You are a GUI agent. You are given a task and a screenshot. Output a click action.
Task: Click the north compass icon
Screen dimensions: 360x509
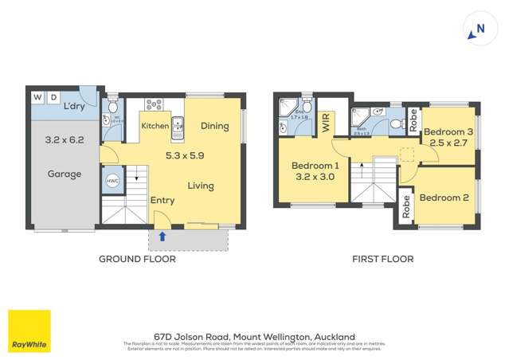pos(477,29)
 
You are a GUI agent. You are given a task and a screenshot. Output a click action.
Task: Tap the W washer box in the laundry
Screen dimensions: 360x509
pos(37,97)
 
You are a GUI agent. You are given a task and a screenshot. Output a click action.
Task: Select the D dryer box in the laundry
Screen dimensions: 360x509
pos(53,97)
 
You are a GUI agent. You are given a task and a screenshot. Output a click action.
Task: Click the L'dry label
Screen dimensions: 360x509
pos(76,107)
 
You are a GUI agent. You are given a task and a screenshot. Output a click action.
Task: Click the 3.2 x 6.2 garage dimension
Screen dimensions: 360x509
pos(64,140)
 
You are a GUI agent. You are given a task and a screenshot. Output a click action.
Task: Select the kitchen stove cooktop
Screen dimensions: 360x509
pos(154,105)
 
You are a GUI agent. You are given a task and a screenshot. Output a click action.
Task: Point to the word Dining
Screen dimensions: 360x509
pos(215,126)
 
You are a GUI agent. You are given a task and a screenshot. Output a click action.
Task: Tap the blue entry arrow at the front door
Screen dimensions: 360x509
pos(162,235)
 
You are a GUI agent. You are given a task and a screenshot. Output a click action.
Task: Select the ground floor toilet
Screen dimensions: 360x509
pos(113,107)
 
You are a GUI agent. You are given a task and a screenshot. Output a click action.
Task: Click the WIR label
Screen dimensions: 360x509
pos(325,122)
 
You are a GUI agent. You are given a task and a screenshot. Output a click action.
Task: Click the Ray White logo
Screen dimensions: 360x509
pos(29,331)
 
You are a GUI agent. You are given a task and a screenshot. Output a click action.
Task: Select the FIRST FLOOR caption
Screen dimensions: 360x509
pos(383,259)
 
